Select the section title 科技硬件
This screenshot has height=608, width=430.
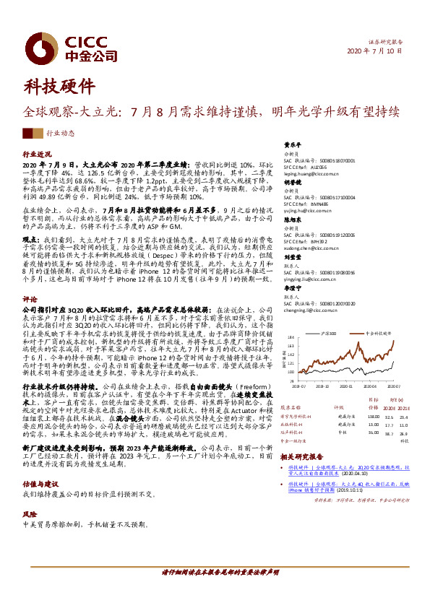(x=59, y=87)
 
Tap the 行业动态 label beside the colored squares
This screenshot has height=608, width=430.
(x=61, y=134)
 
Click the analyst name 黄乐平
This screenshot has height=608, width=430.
(x=292, y=144)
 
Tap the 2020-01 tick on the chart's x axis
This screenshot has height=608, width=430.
(x=352, y=386)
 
